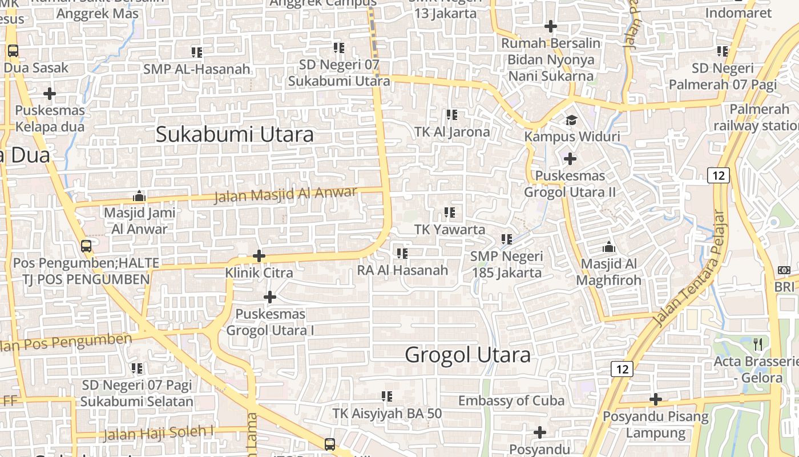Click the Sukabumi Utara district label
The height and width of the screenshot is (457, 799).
235,135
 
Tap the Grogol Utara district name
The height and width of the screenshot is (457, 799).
467,355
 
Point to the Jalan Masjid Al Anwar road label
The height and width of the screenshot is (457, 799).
285,194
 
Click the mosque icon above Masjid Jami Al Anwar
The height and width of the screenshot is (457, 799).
139,197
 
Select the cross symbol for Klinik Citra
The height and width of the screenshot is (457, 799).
259,256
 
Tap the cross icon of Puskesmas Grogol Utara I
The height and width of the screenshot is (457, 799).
270,297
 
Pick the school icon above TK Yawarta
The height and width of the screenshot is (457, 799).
450,213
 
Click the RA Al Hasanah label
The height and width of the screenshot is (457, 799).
402,270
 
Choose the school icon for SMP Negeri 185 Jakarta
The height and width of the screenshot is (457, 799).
507,239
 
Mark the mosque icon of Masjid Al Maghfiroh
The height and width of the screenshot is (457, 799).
609,247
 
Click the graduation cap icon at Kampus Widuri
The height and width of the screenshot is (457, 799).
571,120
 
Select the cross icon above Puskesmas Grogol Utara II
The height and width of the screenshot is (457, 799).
570,159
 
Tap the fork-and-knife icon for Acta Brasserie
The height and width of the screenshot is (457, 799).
758,344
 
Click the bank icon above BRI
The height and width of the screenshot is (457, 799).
784,270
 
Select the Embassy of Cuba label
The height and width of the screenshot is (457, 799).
511,401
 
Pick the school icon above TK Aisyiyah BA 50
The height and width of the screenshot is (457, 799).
387,396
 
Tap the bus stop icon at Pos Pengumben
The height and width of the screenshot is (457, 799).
86,246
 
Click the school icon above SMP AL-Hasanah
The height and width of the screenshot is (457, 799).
197,53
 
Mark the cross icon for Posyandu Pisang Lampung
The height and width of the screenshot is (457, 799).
656,399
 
